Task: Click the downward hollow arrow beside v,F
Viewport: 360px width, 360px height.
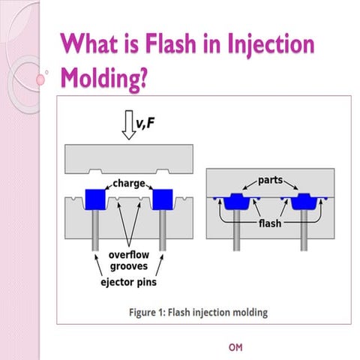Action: tap(127, 125)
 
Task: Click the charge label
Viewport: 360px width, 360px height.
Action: tap(129, 181)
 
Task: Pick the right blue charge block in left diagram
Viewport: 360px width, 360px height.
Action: tap(161, 199)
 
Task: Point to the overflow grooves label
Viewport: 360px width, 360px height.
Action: tap(123, 259)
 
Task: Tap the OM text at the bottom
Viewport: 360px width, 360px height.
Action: tap(235, 347)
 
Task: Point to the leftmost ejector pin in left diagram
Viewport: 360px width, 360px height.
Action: tap(95, 232)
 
